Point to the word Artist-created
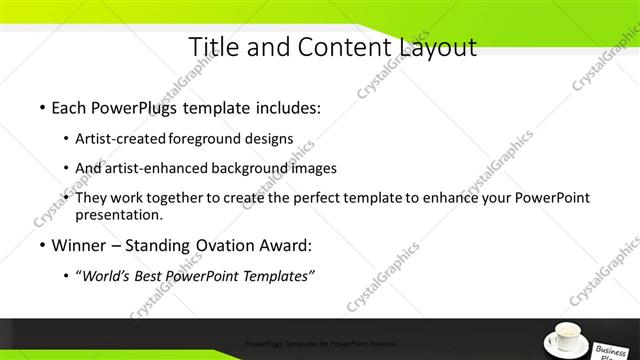click(122, 138)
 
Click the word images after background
click(313, 168)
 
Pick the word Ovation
click(218, 245)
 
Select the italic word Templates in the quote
click(277, 275)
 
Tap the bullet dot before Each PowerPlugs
click(41, 107)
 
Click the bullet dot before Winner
click(41, 245)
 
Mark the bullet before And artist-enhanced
click(66, 168)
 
